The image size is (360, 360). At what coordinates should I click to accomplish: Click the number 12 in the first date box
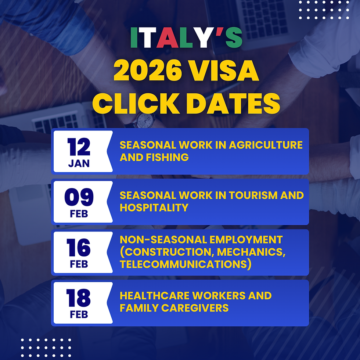coord(79,147)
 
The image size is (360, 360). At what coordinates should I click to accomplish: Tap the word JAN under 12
coord(79,164)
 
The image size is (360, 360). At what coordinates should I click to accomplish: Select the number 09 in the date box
coord(79,198)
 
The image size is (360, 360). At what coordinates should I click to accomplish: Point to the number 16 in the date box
coord(79,248)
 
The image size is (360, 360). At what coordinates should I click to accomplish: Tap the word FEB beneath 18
coord(79,315)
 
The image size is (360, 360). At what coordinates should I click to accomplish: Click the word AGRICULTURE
coord(266,145)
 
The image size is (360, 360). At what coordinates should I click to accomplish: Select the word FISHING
coord(167,157)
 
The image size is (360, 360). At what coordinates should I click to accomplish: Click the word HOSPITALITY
coord(154,208)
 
